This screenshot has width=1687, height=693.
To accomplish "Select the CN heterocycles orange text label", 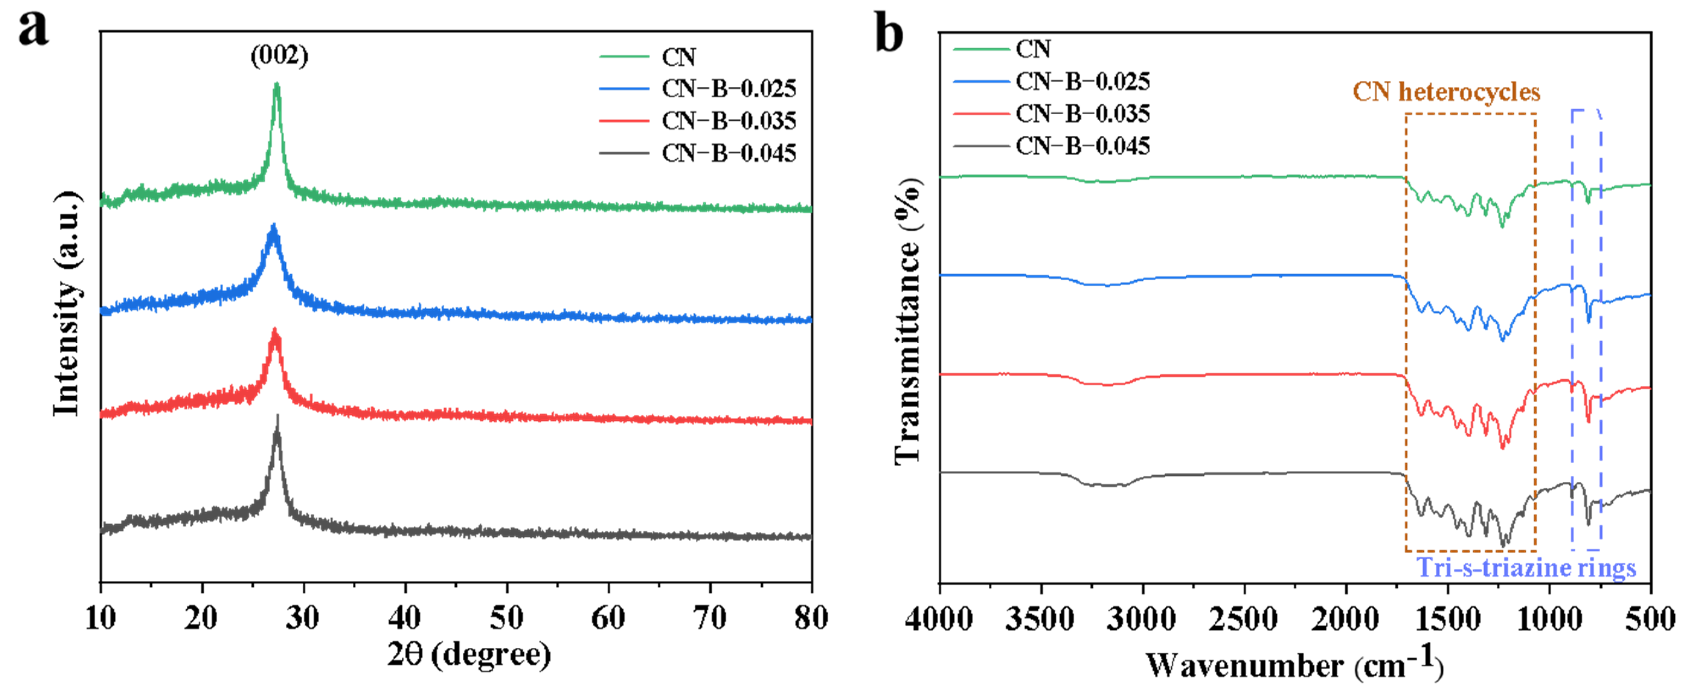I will coord(1446,92).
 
